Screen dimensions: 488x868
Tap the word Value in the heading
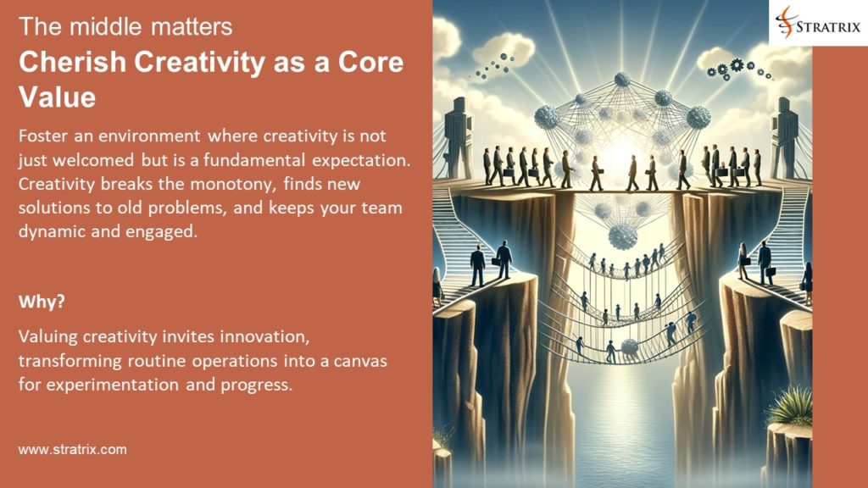pos(57,97)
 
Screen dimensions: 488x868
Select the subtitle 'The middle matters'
pos(125,27)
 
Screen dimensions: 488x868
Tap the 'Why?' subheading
pos(37,301)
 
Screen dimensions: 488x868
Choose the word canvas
pos(358,361)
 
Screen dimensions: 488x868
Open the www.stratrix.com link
pos(72,450)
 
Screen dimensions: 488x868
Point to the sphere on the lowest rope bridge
pos(629,347)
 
